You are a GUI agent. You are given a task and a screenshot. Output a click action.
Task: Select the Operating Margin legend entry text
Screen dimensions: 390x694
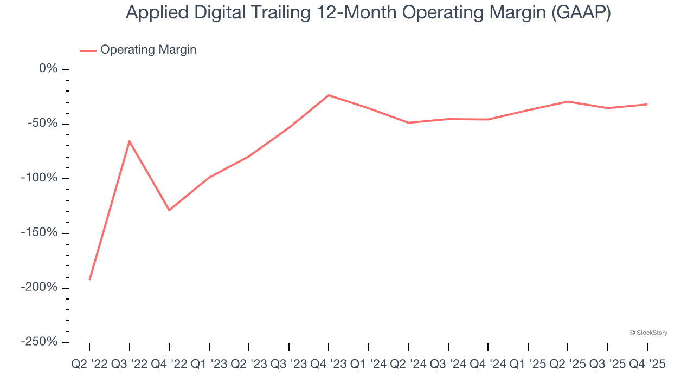[x=148, y=50]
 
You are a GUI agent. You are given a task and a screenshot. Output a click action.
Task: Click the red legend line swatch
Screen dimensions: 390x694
[x=88, y=50]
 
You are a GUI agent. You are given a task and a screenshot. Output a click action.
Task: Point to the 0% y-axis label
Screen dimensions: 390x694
[x=48, y=69]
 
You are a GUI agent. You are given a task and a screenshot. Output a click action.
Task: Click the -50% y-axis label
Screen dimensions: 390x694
[x=42, y=123]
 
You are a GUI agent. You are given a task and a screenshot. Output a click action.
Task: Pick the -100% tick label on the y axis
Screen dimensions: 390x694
[x=38, y=178]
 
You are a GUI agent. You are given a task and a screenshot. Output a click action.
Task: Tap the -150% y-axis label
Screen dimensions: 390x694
[x=38, y=233]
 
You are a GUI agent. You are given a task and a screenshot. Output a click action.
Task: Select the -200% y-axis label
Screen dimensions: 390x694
[x=38, y=287]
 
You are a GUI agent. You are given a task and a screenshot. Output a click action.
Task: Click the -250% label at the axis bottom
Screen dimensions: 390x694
[x=38, y=342]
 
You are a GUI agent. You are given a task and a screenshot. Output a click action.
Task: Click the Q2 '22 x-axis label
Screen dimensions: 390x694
[x=89, y=365]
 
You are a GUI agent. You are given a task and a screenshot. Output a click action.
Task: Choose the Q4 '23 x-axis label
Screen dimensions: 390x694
[x=329, y=365]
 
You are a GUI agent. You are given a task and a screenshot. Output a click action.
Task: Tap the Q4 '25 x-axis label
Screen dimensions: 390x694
[x=647, y=365]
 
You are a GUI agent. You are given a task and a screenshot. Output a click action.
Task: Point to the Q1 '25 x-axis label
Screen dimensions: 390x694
[x=528, y=365]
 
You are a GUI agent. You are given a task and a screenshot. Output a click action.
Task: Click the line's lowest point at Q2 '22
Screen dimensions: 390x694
[x=89, y=279]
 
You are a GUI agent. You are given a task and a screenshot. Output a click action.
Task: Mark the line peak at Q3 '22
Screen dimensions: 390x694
[x=129, y=141]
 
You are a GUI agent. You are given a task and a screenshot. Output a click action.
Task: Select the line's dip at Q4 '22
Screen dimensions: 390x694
[x=169, y=210]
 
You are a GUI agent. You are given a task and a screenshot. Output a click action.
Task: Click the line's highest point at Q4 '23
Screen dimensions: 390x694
[x=329, y=95]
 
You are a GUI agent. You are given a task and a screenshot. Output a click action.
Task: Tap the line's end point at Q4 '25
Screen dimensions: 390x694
[x=647, y=104]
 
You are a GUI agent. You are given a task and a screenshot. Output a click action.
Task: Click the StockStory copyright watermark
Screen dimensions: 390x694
[x=648, y=333]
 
